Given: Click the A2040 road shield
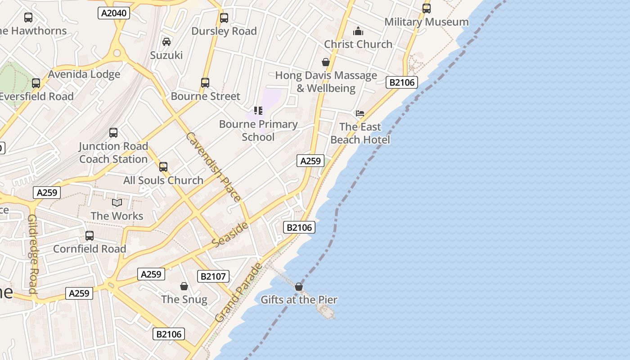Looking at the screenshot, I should coord(114,13).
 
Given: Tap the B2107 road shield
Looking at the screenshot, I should coord(213,276).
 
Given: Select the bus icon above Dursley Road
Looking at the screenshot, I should coord(224,18).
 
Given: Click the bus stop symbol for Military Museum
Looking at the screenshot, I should coord(426,8).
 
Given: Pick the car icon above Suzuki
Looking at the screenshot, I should coord(166,42).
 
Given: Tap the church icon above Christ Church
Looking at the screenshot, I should coord(358,31).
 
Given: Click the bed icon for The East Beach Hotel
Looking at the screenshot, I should coord(360,113).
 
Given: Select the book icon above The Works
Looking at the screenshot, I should coord(117,203).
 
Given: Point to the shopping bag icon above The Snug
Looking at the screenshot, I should coord(184,286).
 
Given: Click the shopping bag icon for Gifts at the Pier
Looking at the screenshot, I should coord(299,287).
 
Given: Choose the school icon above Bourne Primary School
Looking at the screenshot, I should coord(258,111).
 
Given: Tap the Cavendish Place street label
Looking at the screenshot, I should coord(213,166).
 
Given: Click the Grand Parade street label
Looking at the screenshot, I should coord(239,292).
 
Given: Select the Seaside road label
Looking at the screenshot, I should coord(230,234).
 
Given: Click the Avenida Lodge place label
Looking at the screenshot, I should coord(84,74).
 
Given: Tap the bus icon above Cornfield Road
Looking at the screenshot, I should coord(90,236).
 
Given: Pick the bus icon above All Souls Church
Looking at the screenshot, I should coord(163,167).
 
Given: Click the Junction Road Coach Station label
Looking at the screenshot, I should coord(113,153).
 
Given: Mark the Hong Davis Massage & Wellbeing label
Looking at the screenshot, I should coord(326,81).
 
